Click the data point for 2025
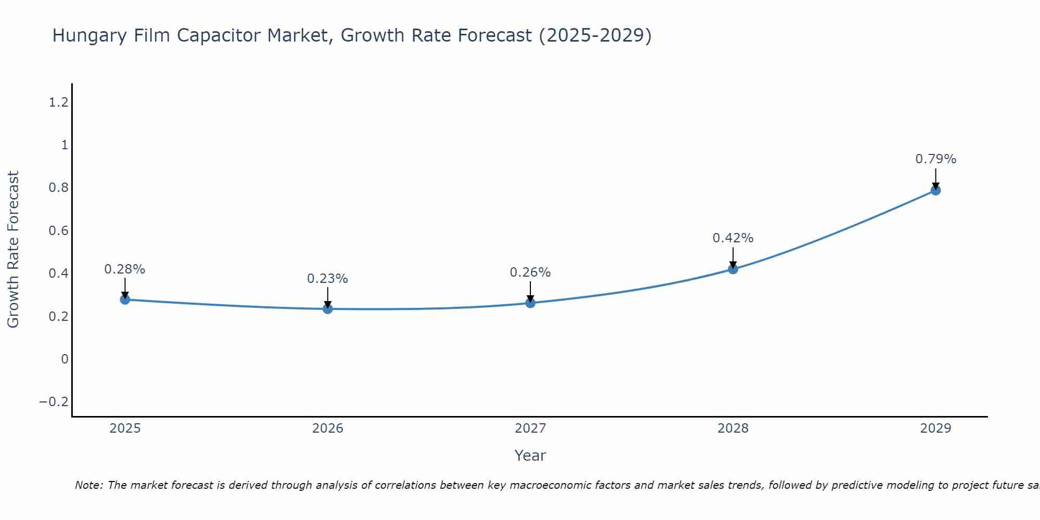click(125, 300)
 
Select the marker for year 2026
click(328, 309)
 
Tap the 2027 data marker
click(530, 303)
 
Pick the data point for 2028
click(733, 269)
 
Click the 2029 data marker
click(935, 190)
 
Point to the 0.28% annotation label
click(125, 269)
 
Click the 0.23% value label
click(328, 279)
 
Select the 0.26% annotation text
click(530, 272)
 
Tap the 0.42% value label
click(733, 238)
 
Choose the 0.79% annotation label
click(935, 159)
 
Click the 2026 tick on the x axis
click(328, 428)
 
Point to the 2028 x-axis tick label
click(733, 428)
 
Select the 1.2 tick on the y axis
click(58, 102)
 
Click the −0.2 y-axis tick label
click(54, 402)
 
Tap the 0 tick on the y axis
click(64, 359)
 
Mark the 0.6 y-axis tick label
click(58, 231)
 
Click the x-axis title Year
click(530, 456)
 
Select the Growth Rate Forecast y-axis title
click(13, 250)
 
